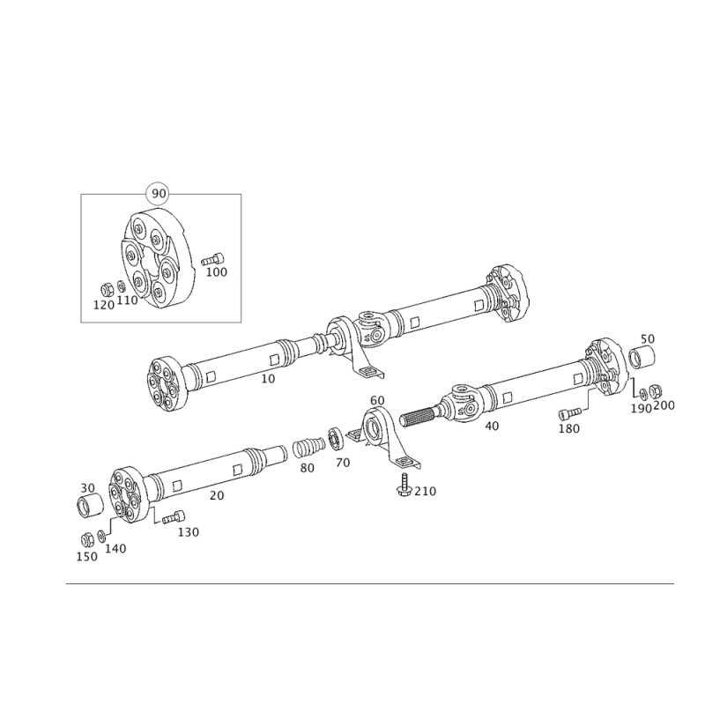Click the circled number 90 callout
pos(159,194)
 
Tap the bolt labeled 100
pos(212,259)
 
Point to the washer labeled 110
pos(121,286)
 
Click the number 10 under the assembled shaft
pos(268,379)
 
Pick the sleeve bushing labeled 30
pos(91,505)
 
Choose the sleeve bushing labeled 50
pos(642,358)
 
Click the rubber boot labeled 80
pos(309,447)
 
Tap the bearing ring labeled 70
pos(336,437)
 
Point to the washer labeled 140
pos(101,535)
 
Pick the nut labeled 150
pos(86,539)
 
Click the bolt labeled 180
pos(569,412)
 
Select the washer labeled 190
pos(643,394)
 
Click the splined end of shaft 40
pos(417,417)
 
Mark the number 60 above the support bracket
pos(377,400)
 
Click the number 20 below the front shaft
pos(217,495)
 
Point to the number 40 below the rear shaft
pos(492,426)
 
